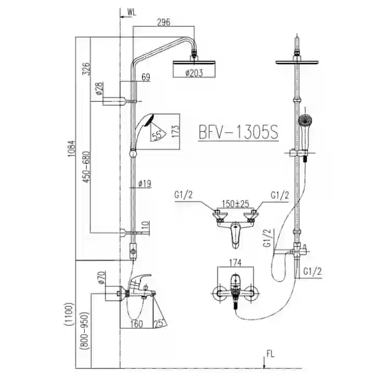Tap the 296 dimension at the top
tap(163, 22)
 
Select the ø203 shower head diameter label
tap(194, 73)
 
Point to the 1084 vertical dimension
tap(71, 149)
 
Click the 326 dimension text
tap(86, 69)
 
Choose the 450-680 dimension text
tap(86, 166)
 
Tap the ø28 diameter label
tap(99, 88)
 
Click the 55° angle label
tap(157, 135)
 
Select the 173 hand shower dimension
tap(175, 131)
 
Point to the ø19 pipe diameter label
tap(145, 184)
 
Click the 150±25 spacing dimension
tap(236, 203)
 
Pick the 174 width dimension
tap(235, 263)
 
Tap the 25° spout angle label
tap(160, 323)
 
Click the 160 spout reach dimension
tap(136, 324)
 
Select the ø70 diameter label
tap(101, 278)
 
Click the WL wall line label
tap(132, 13)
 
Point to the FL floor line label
tap(271, 354)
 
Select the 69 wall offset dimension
tap(146, 77)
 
